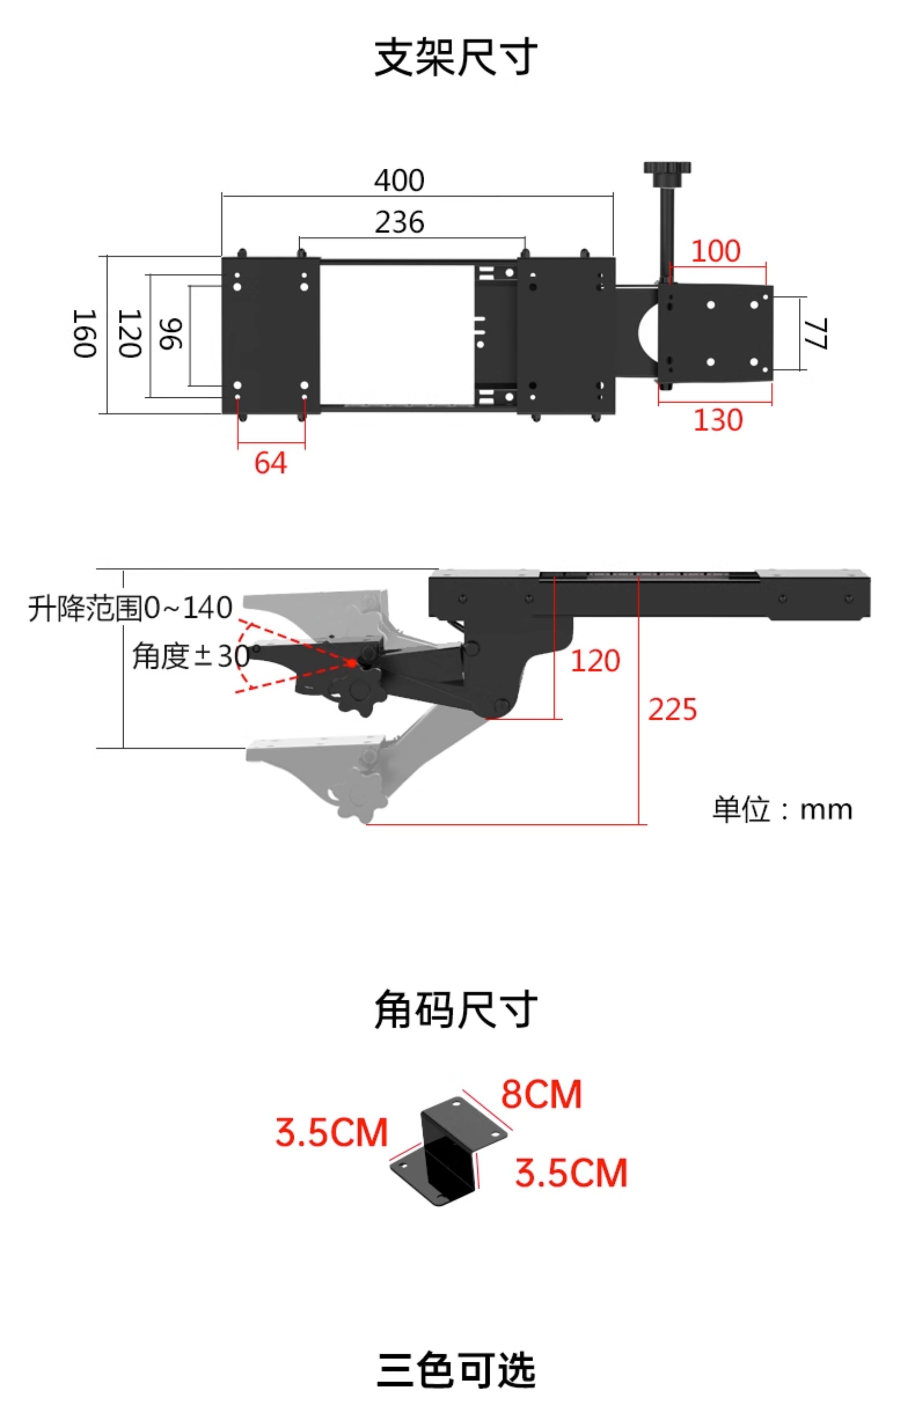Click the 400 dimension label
(399, 180)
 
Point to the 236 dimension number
(399, 222)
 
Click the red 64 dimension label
(270, 463)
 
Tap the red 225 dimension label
(672, 709)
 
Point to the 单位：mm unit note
(782, 809)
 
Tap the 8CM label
(541, 1094)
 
